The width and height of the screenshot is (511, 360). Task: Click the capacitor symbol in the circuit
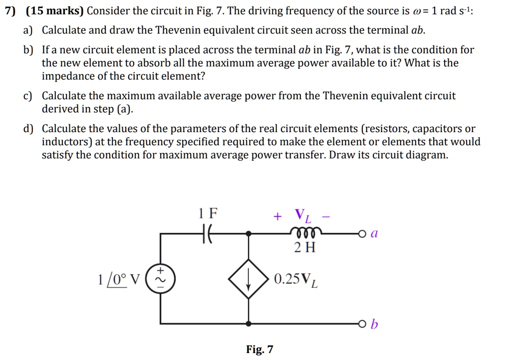tap(207, 233)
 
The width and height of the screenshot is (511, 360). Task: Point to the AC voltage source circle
tap(160, 278)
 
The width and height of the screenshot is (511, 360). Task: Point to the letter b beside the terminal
tap(375, 325)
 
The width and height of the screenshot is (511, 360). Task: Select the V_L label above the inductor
tap(302, 216)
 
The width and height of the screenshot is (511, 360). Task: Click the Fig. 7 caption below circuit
tap(259, 349)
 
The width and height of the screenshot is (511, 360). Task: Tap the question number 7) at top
tap(10, 11)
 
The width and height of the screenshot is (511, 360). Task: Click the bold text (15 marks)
tap(55, 11)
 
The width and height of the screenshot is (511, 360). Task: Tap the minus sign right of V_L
tap(326, 216)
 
